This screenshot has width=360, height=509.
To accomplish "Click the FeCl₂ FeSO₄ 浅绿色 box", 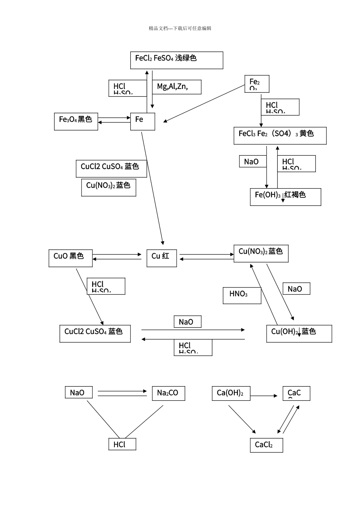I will [x=177, y=60].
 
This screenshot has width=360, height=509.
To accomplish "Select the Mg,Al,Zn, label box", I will [x=177, y=87].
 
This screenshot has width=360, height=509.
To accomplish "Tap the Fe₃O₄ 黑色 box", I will [x=76, y=121].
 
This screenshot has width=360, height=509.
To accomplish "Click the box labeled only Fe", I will [x=142, y=121].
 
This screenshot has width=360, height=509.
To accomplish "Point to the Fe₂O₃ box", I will [x=257, y=84].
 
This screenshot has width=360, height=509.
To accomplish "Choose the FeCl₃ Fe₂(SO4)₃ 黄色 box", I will [x=280, y=136].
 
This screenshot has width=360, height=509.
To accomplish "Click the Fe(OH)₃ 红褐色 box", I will [x=285, y=197].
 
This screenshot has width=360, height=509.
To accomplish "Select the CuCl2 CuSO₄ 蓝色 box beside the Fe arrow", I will [x=111, y=169].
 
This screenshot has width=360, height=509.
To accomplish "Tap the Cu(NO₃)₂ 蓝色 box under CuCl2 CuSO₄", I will [x=108, y=187].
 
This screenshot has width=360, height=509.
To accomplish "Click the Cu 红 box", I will [x=161, y=258].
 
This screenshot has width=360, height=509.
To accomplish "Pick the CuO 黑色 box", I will [x=70, y=258].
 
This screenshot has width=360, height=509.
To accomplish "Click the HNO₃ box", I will [x=242, y=295].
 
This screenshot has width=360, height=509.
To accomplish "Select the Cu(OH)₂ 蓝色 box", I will [x=299, y=334].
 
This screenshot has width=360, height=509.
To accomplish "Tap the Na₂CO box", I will [x=169, y=393].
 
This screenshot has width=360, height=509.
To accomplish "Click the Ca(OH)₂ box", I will [x=231, y=393].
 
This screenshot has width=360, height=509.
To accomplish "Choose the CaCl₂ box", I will [x=266, y=445].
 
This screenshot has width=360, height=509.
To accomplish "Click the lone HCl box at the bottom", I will [x=122, y=444].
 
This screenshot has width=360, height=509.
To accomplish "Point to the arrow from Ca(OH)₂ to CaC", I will [x=264, y=396].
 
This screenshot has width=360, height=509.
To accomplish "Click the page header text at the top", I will [x=180, y=28].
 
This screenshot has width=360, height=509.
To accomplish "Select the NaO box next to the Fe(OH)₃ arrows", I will [x=253, y=162].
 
